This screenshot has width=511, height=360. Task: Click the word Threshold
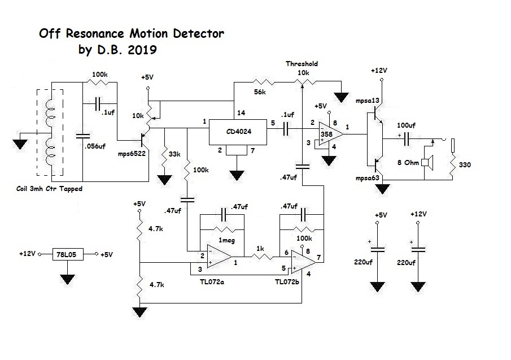pos(302,64)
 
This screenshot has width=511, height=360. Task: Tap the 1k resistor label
pos(261,248)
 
